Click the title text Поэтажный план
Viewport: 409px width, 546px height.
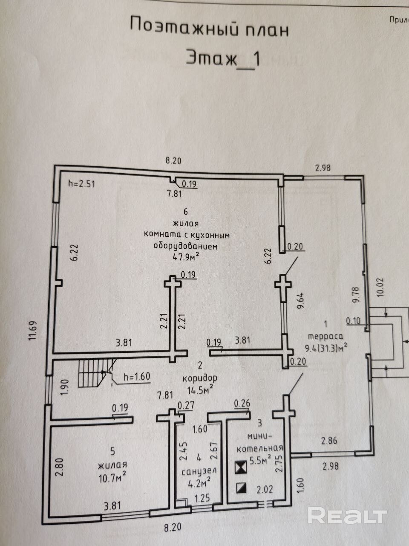209,28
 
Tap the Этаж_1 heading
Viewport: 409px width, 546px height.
223,59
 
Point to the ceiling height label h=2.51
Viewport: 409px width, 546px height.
81,184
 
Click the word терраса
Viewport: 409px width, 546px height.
325,337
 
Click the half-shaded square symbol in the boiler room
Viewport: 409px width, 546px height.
242,488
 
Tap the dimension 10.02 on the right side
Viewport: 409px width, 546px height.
380,287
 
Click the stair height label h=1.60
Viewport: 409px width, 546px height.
137,376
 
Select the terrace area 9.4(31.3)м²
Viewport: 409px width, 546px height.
326,347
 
